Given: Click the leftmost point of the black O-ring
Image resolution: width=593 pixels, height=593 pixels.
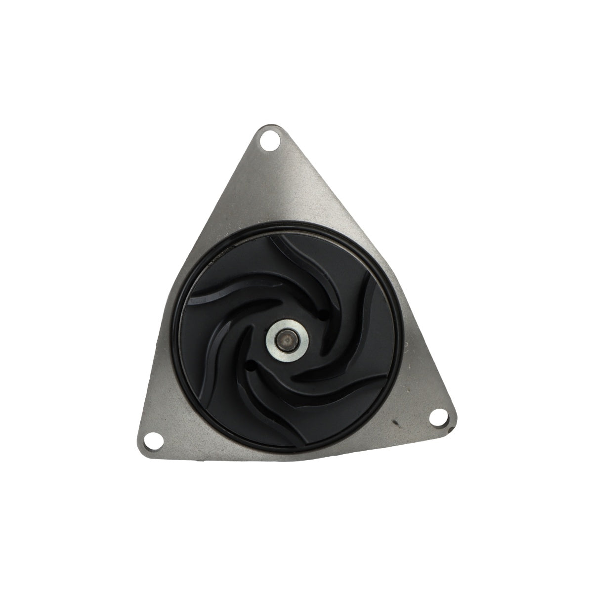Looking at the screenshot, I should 174,341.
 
